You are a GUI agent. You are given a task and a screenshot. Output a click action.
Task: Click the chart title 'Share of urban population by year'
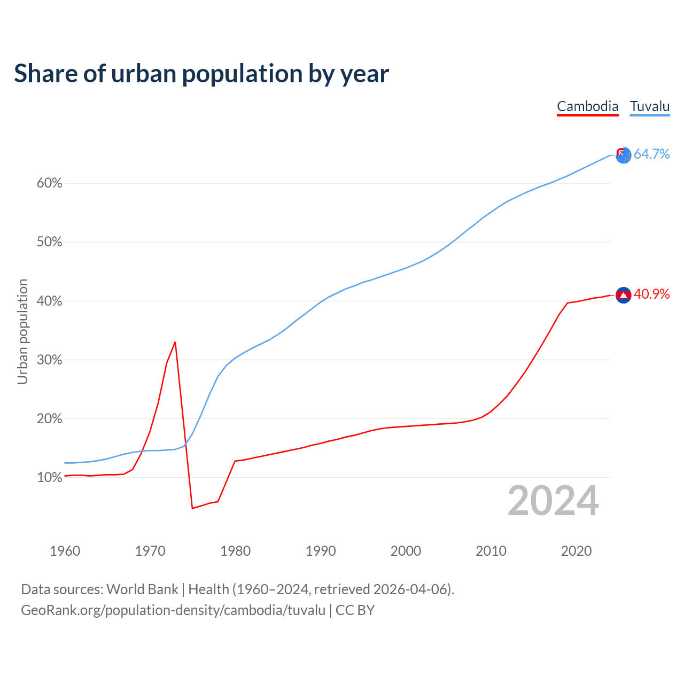pyautogui.click(x=201, y=74)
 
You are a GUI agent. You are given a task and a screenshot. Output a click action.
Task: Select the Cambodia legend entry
pyautogui.click(x=587, y=106)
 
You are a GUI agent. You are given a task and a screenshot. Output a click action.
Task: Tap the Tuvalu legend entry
pyautogui.click(x=649, y=106)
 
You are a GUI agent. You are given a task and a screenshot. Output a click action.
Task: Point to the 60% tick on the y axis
pyautogui.click(x=49, y=183)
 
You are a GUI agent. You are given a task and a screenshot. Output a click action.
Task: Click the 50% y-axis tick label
pyautogui.click(x=49, y=242)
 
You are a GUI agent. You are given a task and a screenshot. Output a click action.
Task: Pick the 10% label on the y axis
pyautogui.click(x=49, y=477)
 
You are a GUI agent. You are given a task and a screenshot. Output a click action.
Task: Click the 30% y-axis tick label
pyautogui.click(x=49, y=360)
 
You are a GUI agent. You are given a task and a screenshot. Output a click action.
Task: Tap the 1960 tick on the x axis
pyautogui.click(x=65, y=551)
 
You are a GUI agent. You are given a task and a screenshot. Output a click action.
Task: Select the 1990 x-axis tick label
pyautogui.click(x=321, y=551)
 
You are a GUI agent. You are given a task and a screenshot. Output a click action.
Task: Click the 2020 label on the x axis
pyautogui.click(x=576, y=551)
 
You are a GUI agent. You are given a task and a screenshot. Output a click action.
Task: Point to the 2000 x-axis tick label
pyautogui.click(x=406, y=551)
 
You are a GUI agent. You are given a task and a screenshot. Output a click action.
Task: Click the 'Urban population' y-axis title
pyautogui.click(x=22, y=331)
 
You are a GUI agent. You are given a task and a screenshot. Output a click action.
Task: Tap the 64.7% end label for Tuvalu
pyautogui.click(x=651, y=154)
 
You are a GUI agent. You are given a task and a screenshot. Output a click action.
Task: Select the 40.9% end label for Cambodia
pyautogui.click(x=651, y=294)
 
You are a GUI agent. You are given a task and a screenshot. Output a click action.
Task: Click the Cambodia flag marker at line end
pyautogui.click(x=623, y=295)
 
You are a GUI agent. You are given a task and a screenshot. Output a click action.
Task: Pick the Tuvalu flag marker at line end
pyautogui.click(x=623, y=155)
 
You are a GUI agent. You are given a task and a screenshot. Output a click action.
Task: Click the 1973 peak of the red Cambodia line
pyautogui.click(x=175, y=342)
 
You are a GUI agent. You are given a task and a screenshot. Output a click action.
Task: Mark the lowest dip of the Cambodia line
pyautogui.click(x=192, y=508)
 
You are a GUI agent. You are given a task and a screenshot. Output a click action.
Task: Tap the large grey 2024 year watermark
pyautogui.click(x=553, y=501)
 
